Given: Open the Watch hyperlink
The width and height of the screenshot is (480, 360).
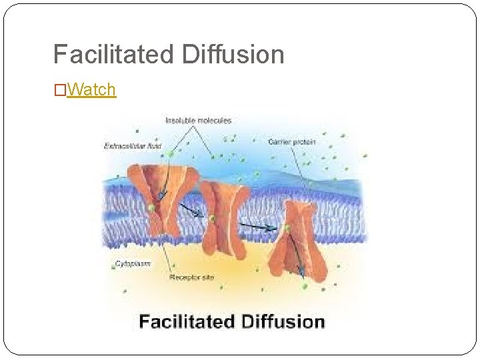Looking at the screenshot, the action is point(92,89).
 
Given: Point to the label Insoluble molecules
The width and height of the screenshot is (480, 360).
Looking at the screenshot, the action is point(198,121).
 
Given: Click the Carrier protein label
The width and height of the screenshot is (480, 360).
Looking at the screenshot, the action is point(291,141).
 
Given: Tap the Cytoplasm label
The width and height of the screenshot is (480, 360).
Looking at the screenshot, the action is point(133,264).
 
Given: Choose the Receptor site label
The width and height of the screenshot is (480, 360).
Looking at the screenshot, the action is point(191,277).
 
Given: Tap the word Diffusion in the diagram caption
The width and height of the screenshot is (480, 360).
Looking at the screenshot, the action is point(283,322).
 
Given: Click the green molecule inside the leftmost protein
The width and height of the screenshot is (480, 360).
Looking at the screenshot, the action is point(153,208).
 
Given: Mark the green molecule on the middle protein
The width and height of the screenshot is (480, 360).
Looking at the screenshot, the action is point(212,218).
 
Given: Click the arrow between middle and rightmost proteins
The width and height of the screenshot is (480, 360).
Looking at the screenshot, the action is point(259,227).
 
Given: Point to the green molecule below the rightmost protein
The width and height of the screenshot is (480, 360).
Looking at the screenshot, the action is point(305,286).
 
